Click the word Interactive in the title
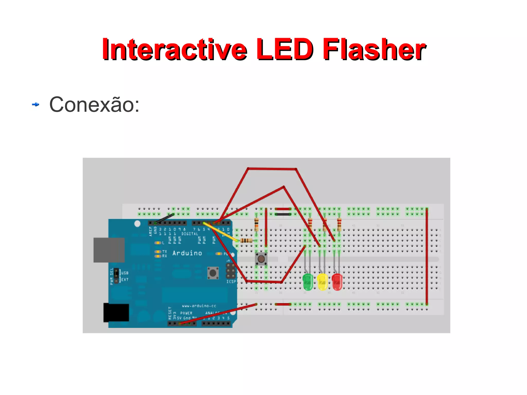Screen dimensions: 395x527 pos(174,49)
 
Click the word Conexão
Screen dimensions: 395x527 pos(94,104)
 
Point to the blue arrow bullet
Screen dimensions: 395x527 pos(36,104)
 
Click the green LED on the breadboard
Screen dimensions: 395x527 pos(308,282)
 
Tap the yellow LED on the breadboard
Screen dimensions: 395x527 pos(322,282)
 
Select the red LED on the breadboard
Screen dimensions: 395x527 pos(337,282)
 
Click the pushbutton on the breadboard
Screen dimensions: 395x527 pos(261,259)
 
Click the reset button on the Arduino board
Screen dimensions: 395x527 pos(213,273)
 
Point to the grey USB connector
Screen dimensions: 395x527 pos(109,250)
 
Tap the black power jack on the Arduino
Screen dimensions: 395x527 pos(116,312)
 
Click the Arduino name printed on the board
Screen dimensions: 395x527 pos(187,253)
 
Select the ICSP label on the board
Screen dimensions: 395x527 pos(231,282)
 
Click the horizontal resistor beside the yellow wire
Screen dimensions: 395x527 pos(246,241)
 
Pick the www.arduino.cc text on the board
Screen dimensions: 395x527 pos(199,306)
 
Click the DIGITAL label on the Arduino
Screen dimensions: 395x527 pos(190,234)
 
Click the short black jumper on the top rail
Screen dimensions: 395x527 pos(283,214)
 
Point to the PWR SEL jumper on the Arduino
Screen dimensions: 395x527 pos(116,276)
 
